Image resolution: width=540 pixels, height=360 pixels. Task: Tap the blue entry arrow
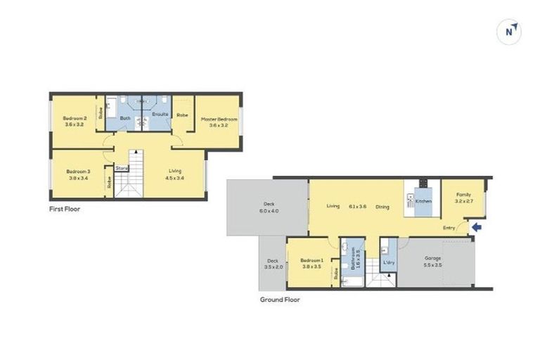(x=475, y=227)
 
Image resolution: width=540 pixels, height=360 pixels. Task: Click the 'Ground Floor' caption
(x=280, y=299)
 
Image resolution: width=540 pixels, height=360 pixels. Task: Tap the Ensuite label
(x=160, y=114)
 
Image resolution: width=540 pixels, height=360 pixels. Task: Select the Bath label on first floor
(x=125, y=118)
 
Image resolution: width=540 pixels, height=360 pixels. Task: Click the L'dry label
(x=388, y=263)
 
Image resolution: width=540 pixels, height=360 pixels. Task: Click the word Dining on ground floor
(x=382, y=207)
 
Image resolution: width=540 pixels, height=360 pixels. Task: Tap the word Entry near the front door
(x=449, y=227)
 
